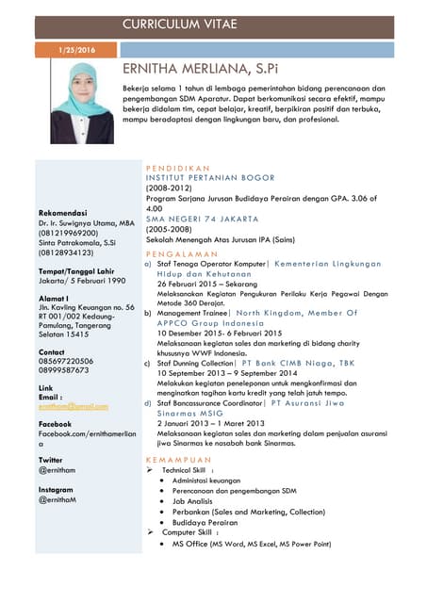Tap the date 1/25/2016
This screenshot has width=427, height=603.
coord(78,49)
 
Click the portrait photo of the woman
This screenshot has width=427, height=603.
coord(82,103)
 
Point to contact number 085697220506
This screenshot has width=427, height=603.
coord(65,360)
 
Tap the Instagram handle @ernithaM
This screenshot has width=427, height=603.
coord(58,500)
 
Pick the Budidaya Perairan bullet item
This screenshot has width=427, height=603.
coord(205,521)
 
